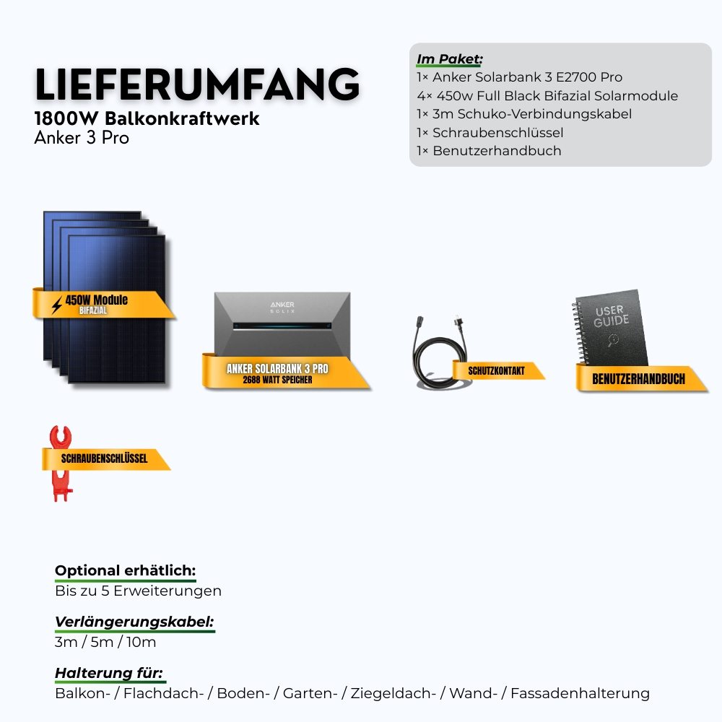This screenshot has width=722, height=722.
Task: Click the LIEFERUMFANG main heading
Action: (197, 84)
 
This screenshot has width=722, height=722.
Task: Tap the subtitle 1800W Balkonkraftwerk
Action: (147, 118)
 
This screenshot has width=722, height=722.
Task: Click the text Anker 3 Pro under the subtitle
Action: (82, 137)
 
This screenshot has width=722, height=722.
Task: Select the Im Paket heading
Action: (450, 58)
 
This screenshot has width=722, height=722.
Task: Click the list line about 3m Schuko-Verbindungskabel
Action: (524, 114)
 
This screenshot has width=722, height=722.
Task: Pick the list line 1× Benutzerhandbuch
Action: (489, 151)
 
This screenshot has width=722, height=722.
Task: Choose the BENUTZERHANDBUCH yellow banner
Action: (638, 379)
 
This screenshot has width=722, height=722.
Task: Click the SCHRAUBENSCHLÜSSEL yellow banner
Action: (105, 458)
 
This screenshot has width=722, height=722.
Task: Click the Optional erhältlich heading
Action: (125, 570)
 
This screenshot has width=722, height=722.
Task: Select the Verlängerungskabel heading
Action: (134, 622)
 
